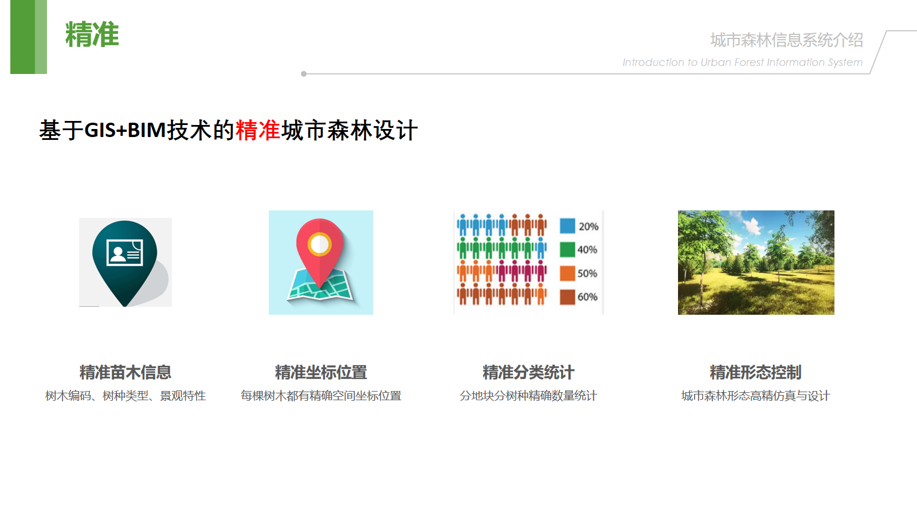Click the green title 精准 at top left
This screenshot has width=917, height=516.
(92, 34)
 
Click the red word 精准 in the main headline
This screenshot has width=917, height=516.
(258, 130)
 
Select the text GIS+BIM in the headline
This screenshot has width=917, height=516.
(125, 130)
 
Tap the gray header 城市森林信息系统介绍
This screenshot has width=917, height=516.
(786, 40)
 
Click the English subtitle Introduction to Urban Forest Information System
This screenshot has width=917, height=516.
(743, 62)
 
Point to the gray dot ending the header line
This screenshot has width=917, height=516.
(303, 74)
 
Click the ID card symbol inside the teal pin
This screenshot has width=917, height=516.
(125, 252)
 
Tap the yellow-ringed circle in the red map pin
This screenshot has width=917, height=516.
(319, 244)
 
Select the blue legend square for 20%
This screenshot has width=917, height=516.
(567, 226)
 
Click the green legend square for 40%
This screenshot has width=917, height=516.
(567, 249)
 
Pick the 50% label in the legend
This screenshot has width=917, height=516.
(587, 273)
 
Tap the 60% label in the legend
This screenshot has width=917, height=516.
(587, 297)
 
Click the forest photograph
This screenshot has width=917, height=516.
(756, 263)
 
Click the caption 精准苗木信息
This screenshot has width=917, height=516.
(126, 372)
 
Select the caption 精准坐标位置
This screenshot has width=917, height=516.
(321, 372)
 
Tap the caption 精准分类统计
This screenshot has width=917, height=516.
(528, 372)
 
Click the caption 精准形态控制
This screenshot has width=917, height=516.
(756, 372)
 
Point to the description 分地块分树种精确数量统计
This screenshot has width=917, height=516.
(528, 396)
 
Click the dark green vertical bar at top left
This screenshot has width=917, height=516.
(22, 37)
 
